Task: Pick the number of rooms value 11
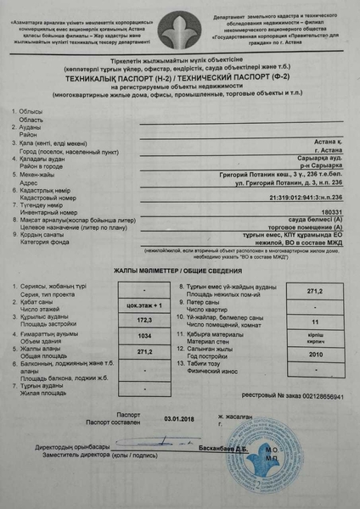(x=316, y=323)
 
